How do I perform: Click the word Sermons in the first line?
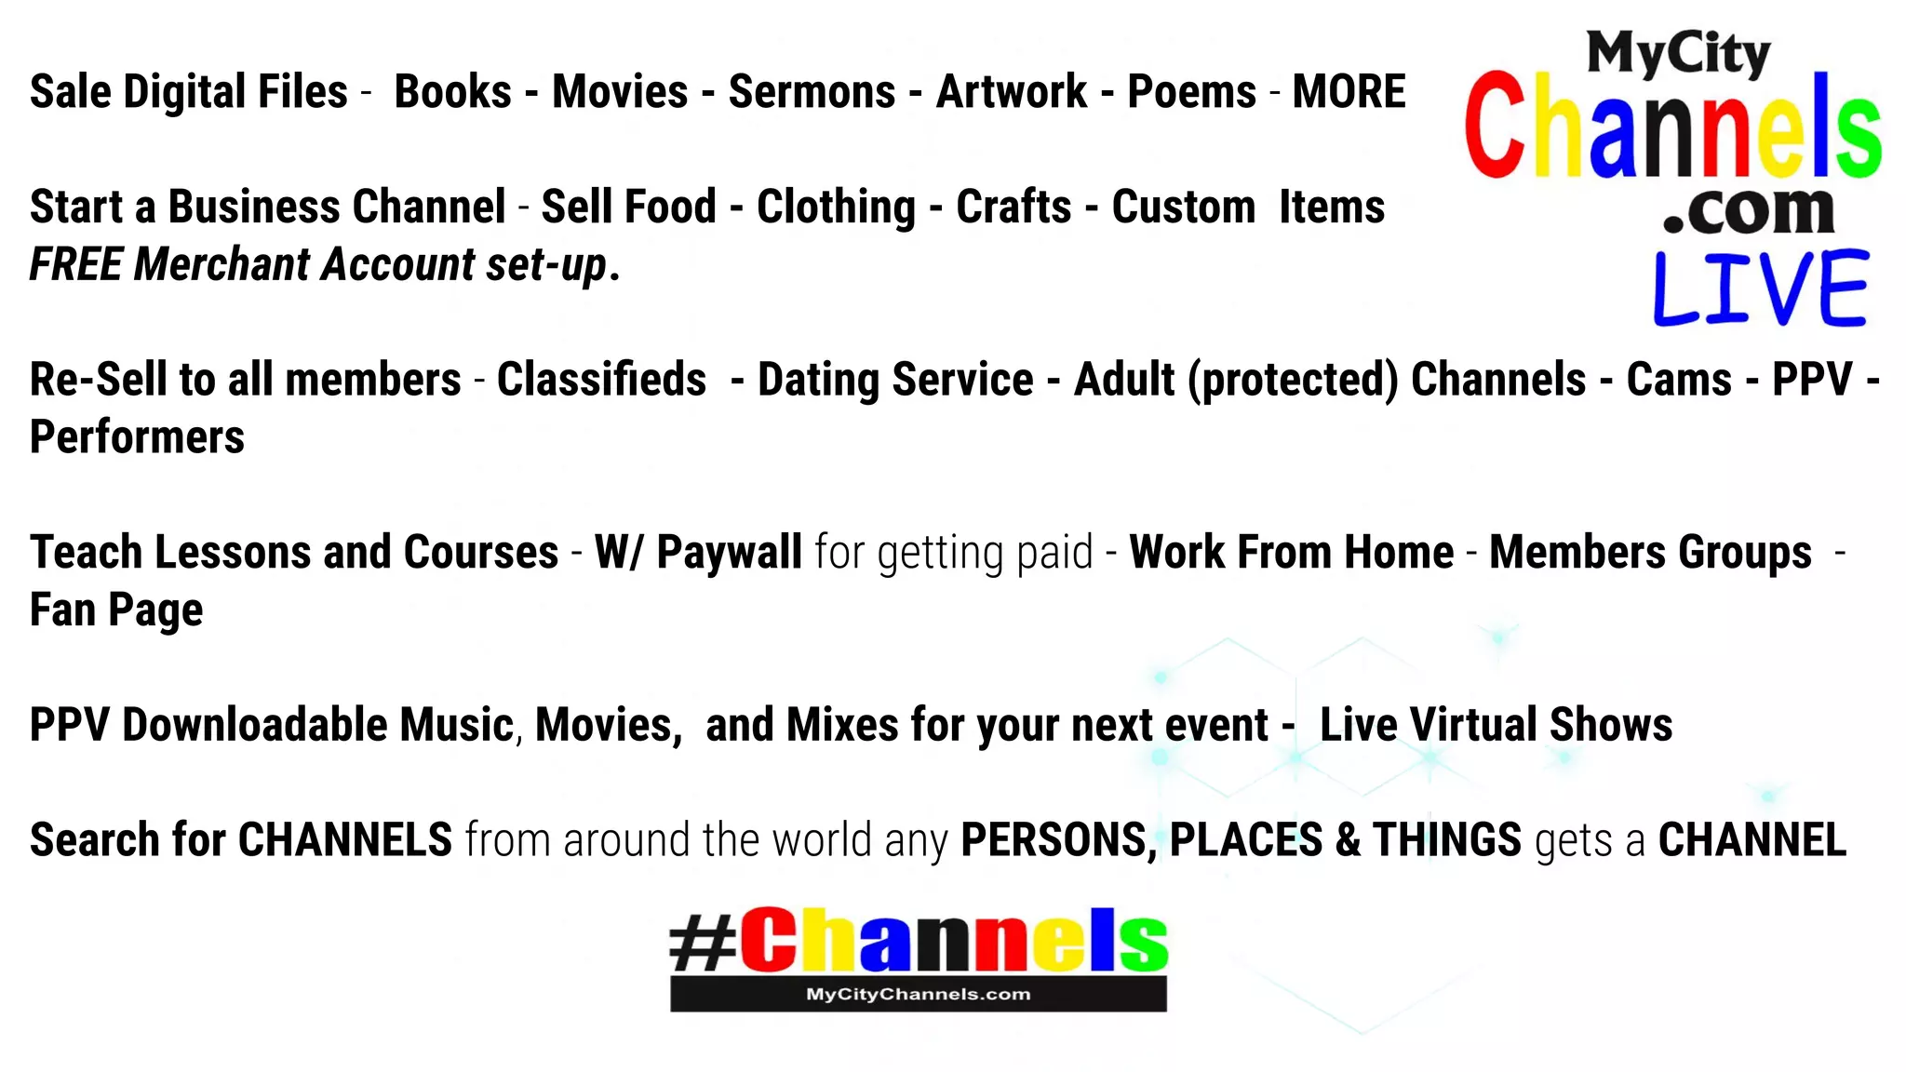click(812, 92)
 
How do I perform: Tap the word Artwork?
click(1012, 92)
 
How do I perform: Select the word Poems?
click(1192, 92)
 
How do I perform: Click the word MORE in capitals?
click(1349, 92)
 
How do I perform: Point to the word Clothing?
click(836, 208)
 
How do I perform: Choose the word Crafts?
click(1013, 207)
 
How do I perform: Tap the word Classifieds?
click(601, 380)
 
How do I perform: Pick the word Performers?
click(137, 437)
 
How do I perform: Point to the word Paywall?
click(729, 553)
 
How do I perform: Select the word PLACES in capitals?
click(1245, 840)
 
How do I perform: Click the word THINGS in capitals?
click(1447, 840)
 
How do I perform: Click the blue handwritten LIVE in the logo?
click(1760, 288)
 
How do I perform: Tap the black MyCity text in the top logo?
click(1678, 54)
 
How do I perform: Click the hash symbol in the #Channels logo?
click(703, 942)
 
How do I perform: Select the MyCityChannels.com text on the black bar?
click(918, 994)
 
